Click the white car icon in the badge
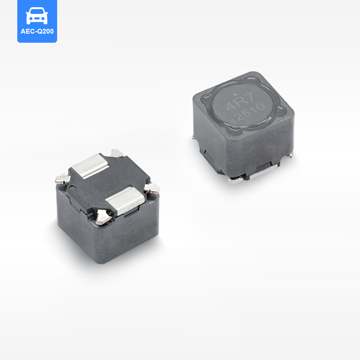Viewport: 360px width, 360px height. click(x=37, y=16)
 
